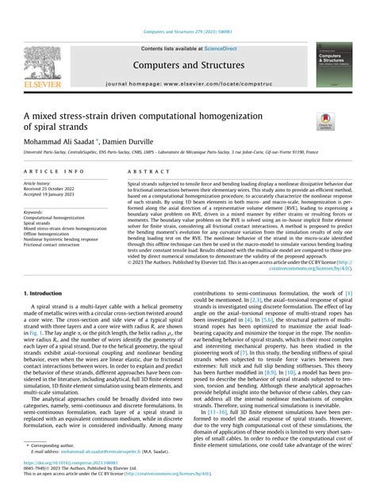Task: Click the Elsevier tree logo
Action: [41, 63]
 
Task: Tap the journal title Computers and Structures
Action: [188, 67]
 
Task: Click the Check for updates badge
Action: [325, 121]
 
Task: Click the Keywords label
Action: [36, 212]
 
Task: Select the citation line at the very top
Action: [188, 31]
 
